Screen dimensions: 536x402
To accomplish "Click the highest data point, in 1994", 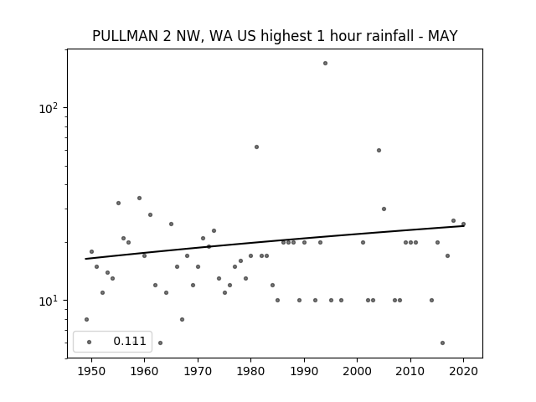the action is pyautogui.click(x=325, y=64).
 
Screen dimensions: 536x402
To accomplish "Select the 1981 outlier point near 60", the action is pyautogui.click(x=256, y=147).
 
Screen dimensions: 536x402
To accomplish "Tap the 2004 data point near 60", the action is pyautogui.click(x=379, y=151).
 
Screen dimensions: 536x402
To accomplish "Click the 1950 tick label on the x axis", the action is pyautogui.click(x=91, y=371).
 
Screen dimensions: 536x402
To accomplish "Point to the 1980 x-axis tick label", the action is pyautogui.click(x=250, y=371).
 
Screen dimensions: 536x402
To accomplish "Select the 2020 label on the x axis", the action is pyautogui.click(x=463, y=371).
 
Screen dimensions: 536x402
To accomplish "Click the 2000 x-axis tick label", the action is pyautogui.click(x=358, y=371).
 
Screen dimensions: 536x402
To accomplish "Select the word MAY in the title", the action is pyautogui.click(x=443, y=36).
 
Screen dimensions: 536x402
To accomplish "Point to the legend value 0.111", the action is pyautogui.click(x=130, y=341).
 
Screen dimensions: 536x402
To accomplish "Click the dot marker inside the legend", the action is pyautogui.click(x=89, y=342).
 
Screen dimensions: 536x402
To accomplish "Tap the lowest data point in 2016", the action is pyautogui.click(x=442, y=343).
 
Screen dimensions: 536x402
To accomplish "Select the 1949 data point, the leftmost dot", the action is pyautogui.click(x=86, y=320).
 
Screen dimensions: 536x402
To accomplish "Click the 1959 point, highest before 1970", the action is pyautogui.click(x=139, y=198).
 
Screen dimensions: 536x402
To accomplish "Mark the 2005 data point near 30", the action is pyautogui.click(x=384, y=209).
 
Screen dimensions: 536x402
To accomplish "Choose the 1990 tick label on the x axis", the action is pyautogui.click(x=304, y=371).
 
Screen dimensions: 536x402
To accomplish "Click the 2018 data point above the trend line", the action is pyautogui.click(x=453, y=221).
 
